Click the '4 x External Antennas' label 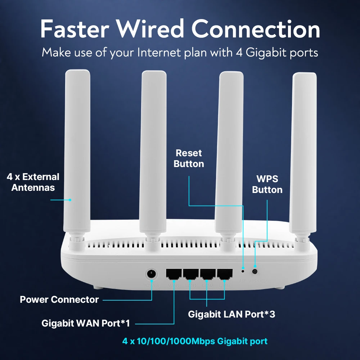pos(33,182)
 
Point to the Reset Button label pos(189,158)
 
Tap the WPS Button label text pos(267,184)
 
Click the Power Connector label pos(59,300)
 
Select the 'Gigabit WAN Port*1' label pos(85,323)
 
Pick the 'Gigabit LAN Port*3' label pos(231,314)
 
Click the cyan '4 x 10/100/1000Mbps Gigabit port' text pos(195,341)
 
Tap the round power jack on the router pos(152,274)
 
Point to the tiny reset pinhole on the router pos(243,270)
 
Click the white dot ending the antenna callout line pos(70,200)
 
